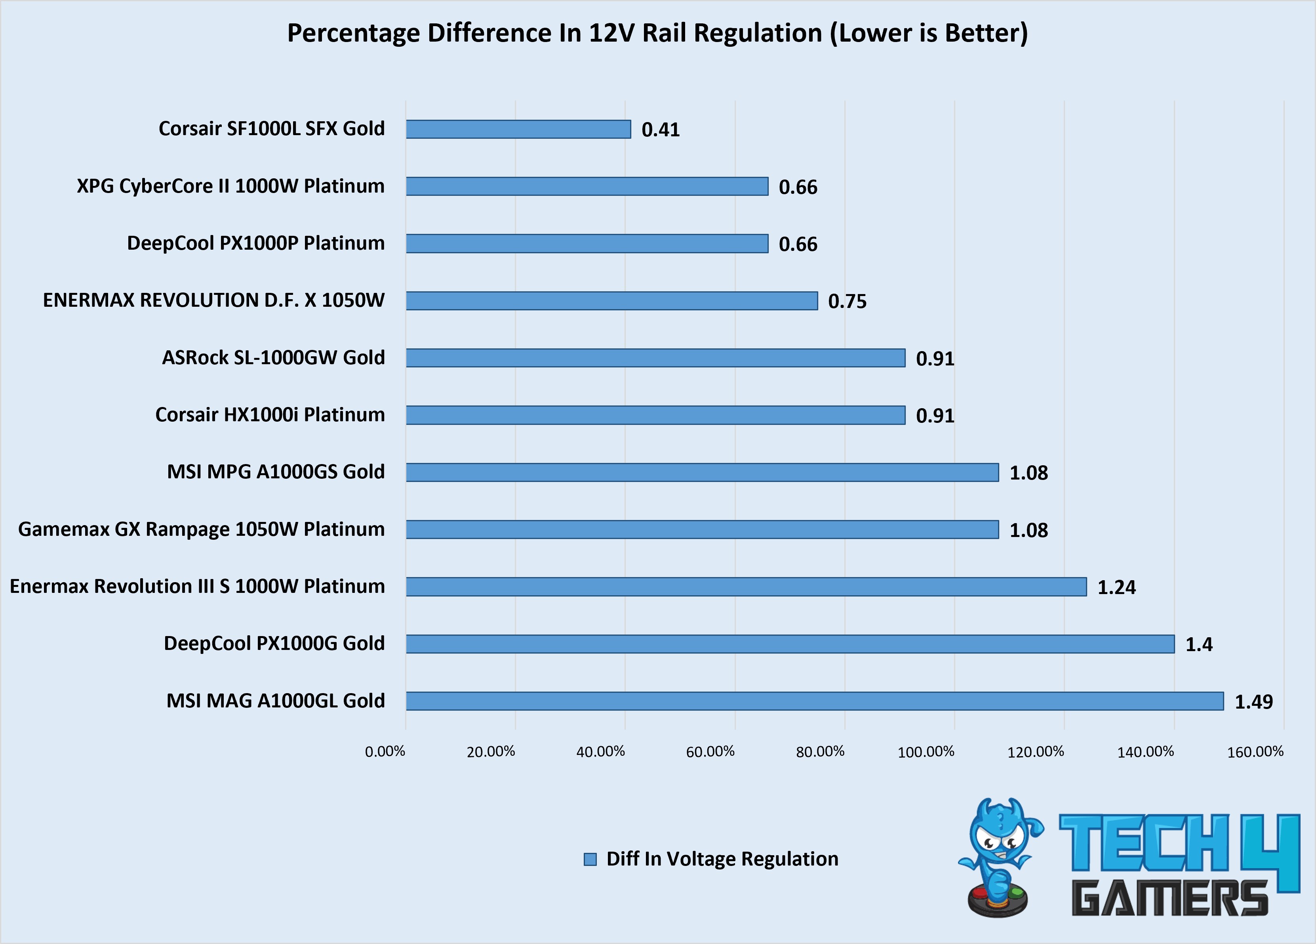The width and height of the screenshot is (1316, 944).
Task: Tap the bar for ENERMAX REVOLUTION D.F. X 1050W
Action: [611, 301]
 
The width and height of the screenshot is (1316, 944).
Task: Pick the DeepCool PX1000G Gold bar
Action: [790, 644]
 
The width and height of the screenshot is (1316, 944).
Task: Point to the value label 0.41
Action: [660, 130]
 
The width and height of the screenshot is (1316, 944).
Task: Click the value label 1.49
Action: [1253, 702]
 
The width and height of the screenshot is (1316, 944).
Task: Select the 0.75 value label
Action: [847, 301]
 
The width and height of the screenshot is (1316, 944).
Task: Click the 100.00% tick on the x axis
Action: [926, 752]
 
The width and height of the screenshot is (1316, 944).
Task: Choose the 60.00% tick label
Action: [710, 752]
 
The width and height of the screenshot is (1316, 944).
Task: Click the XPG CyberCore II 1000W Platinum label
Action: [231, 186]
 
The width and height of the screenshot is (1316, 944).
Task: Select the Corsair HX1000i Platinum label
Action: [270, 415]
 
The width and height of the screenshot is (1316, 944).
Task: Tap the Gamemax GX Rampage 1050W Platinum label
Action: [201, 529]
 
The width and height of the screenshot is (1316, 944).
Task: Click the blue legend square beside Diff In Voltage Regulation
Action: [590, 859]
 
